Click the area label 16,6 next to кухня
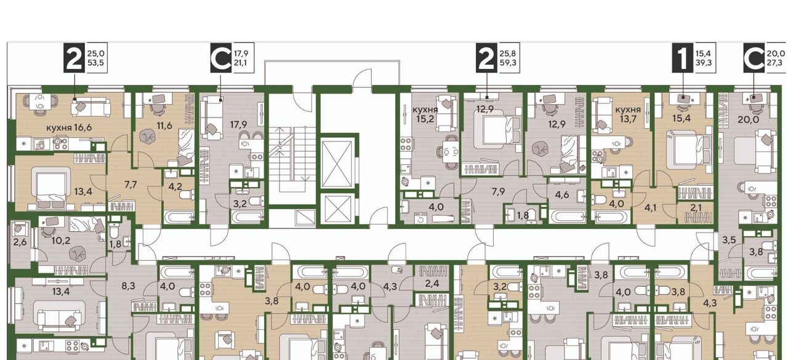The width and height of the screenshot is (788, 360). (x=83, y=127)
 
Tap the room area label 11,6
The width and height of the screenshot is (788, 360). (x=164, y=125)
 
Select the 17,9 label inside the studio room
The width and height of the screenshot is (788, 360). (x=238, y=125)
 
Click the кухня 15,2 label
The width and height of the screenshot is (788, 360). (x=425, y=114)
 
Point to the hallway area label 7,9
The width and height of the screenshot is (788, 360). (x=498, y=191)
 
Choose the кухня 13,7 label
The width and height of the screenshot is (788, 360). (x=628, y=114)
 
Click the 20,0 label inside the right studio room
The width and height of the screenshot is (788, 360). (x=748, y=119)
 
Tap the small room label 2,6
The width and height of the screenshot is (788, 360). (x=20, y=242)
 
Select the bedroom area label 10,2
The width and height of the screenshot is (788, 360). (x=61, y=241)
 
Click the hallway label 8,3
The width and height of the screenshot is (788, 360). (x=129, y=286)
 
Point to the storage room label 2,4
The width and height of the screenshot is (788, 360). (x=432, y=283)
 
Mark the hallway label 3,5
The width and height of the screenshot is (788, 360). (x=730, y=240)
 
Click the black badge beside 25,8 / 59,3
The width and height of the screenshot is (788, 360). (x=486, y=58)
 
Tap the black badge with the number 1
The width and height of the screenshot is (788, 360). (x=683, y=58)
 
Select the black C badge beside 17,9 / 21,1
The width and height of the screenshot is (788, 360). (x=221, y=58)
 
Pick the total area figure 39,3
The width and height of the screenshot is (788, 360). (x=704, y=63)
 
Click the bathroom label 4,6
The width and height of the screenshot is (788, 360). (x=562, y=194)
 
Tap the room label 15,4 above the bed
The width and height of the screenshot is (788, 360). (x=681, y=119)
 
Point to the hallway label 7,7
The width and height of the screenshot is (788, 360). (x=131, y=185)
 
